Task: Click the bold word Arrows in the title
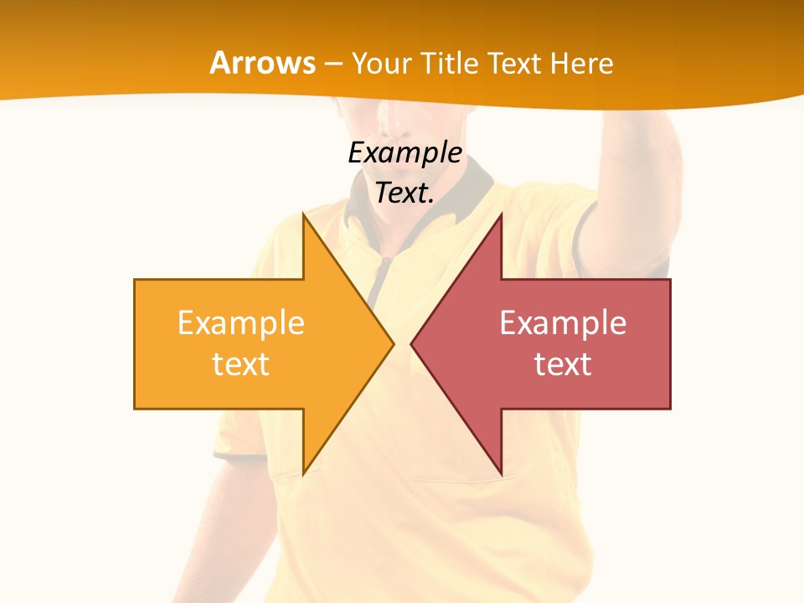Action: (262, 63)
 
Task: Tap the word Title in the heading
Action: (450, 64)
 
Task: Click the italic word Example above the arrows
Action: (405, 153)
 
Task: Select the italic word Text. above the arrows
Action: (405, 193)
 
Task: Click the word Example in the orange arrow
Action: (240, 323)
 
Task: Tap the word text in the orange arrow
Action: (240, 364)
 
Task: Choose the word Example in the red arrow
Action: (563, 323)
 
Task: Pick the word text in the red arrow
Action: (563, 364)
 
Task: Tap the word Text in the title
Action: (515, 64)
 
